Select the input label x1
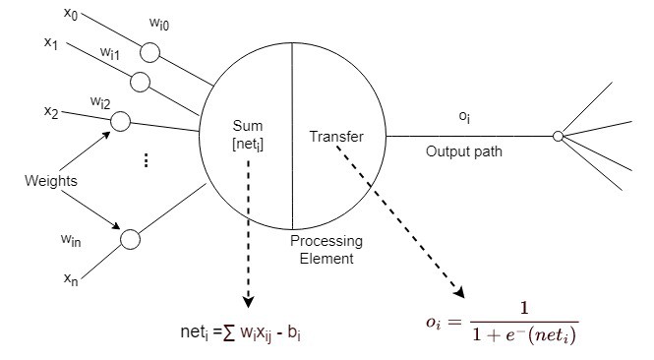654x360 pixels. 51,43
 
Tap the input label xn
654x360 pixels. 71,279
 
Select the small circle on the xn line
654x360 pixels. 130,239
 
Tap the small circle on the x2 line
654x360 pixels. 122,121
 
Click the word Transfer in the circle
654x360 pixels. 336,136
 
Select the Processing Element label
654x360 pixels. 326,249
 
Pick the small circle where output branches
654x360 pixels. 558,136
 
